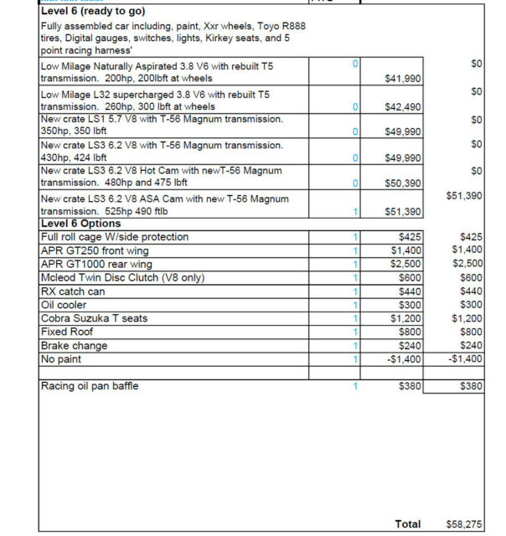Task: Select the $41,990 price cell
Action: coord(402,78)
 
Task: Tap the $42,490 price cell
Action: coord(402,107)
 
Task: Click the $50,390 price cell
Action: coord(402,183)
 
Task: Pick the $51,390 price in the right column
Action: coord(464,195)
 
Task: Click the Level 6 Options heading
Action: coord(80,224)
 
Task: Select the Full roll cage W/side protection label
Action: coord(115,237)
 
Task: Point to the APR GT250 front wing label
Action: coord(94,250)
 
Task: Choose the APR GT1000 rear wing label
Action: coord(96,264)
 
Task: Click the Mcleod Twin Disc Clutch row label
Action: coord(122,278)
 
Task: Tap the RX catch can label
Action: coord(73,291)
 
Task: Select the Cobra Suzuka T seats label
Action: coord(95,318)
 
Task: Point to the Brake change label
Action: coord(74,345)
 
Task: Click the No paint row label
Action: coord(63,358)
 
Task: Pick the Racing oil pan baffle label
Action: coord(90,386)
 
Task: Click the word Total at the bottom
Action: coord(408,523)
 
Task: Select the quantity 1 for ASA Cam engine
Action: coord(355,212)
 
